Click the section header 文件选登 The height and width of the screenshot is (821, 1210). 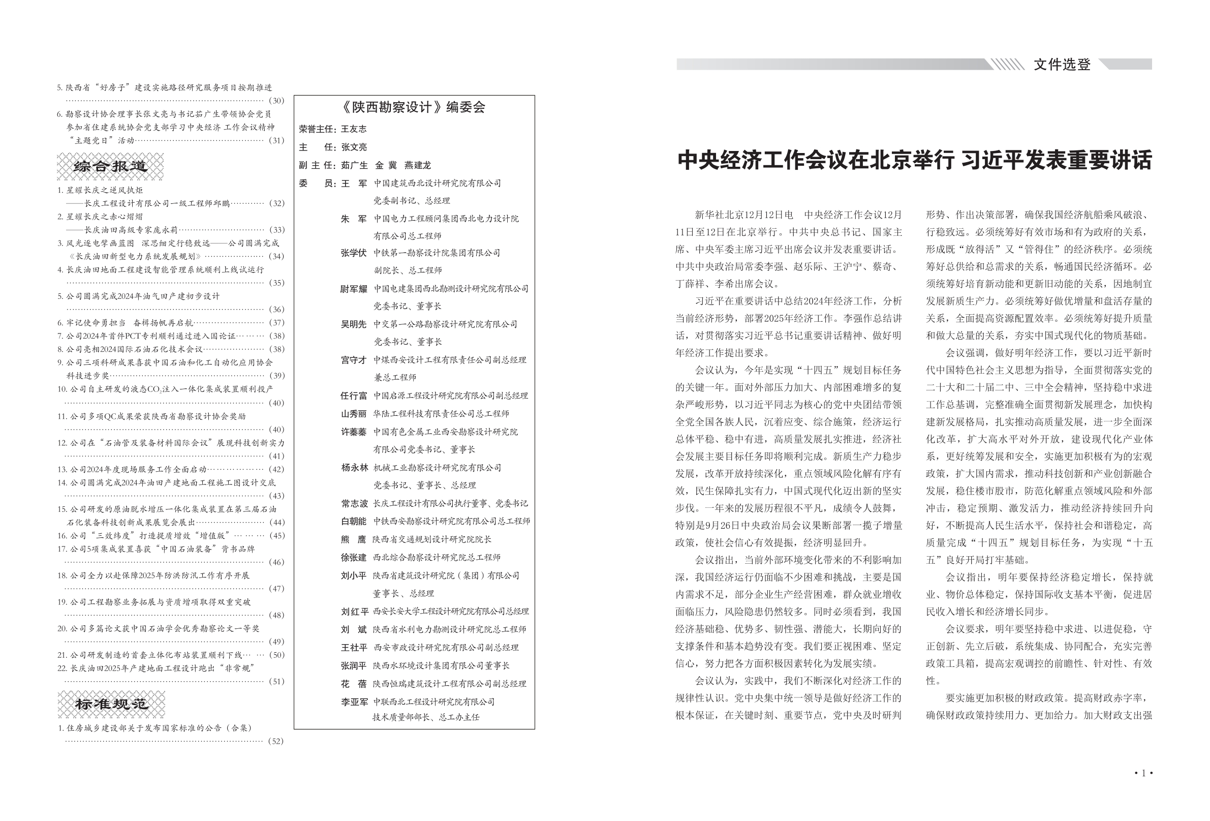click(1062, 65)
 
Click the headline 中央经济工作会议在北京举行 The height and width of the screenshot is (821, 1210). click(815, 161)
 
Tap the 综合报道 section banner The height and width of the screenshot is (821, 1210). click(110, 167)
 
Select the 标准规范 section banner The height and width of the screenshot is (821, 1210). click(111, 704)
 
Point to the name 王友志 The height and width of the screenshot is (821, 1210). click(354, 129)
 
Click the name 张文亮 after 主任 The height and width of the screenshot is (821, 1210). click(354, 147)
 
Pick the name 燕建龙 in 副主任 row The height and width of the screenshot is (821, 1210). click(418, 166)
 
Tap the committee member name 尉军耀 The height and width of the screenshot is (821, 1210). click(354, 289)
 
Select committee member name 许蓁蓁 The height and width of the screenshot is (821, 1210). click(354, 433)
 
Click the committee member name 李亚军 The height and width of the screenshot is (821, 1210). click(354, 702)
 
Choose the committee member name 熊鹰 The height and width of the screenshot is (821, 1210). click(354, 540)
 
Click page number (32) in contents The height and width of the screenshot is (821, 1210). click(276, 203)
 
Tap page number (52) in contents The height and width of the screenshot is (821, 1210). click(276, 741)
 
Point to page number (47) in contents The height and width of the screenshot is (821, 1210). click(276, 589)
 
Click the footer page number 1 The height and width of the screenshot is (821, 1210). click(1143, 773)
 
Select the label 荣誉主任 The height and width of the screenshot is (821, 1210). click(317, 129)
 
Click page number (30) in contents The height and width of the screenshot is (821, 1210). click(276, 101)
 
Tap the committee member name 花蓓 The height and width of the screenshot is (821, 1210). click(354, 684)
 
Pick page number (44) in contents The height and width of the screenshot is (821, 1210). click(276, 523)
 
